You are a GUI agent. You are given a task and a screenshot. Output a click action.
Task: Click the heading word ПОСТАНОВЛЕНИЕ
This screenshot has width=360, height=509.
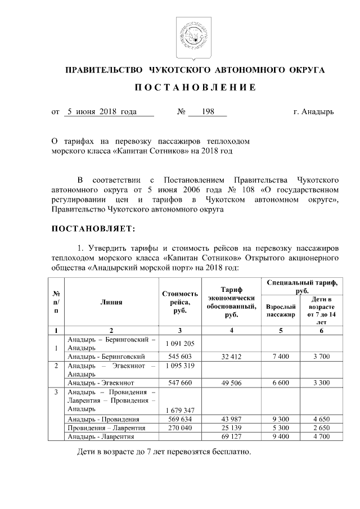click(x=195, y=88)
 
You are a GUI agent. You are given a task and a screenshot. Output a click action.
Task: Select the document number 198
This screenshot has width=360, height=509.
click(x=206, y=112)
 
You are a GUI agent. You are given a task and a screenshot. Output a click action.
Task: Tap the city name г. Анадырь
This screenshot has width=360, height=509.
click(x=313, y=112)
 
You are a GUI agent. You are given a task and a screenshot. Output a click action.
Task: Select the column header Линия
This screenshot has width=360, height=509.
click(x=111, y=302)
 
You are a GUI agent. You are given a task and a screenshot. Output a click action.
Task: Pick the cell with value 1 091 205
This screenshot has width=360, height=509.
click(x=180, y=344)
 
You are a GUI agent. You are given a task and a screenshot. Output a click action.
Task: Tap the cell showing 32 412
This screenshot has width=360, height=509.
click(x=231, y=356)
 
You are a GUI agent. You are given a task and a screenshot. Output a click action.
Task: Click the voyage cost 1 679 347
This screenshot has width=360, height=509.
click(x=180, y=410)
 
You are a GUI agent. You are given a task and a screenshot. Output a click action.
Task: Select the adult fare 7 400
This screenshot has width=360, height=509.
click(x=280, y=356)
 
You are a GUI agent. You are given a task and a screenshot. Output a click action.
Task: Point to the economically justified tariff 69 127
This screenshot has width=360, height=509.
click(x=231, y=436)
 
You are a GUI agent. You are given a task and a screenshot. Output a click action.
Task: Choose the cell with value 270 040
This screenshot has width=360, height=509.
click(x=180, y=428)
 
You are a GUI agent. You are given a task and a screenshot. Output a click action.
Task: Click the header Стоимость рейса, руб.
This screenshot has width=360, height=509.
click(x=180, y=302)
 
